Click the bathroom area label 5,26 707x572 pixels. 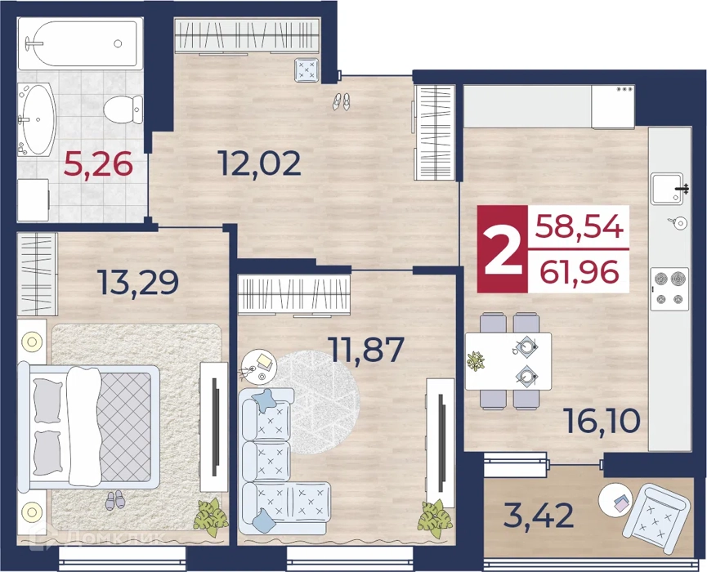pos(98,163)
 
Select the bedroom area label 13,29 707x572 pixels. pos(139,283)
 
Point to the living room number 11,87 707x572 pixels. pos(366,350)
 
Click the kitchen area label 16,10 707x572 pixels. pos(602,421)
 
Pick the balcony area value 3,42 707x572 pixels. pos(539,516)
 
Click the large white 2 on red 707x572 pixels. pos(503,249)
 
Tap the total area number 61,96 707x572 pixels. pos(579,272)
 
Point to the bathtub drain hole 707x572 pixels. pos(118,44)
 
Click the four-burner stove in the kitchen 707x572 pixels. pos(669,288)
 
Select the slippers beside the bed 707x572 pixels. pos(114,500)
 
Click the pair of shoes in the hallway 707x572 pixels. pos(342,101)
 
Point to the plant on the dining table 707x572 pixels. pos(475,360)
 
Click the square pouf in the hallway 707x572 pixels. pos(307,70)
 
